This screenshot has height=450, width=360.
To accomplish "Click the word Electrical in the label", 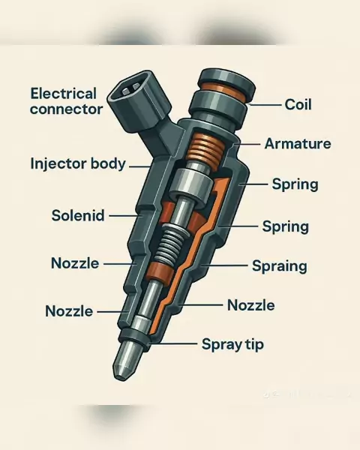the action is [x=64, y=94].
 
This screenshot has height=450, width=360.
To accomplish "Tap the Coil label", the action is [x=298, y=104].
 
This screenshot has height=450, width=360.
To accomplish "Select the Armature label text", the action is [x=298, y=143].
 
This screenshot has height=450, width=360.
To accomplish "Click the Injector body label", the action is [x=78, y=163].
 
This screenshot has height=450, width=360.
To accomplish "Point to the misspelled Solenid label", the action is [x=78, y=215].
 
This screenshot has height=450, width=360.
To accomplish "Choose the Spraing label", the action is [x=279, y=266].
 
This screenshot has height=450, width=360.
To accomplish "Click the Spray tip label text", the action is [x=232, y=344].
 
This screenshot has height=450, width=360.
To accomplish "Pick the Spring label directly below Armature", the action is [x=295, y=184].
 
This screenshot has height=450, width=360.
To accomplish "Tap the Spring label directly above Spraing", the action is [x=286, y=226].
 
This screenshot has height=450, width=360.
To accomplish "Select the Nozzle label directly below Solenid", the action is [x=75, y=263].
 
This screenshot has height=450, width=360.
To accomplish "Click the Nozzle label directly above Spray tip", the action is [x=251, y=305].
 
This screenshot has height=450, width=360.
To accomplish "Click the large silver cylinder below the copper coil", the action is [x=190, y=184].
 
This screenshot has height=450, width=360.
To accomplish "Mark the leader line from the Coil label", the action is [x=265, y=105].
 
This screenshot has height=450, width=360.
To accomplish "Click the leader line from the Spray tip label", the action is [x=173, y=343].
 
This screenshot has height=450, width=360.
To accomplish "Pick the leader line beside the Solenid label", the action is [x=124, y=216].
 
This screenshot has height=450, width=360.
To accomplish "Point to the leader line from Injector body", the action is [x=139, y=166].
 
